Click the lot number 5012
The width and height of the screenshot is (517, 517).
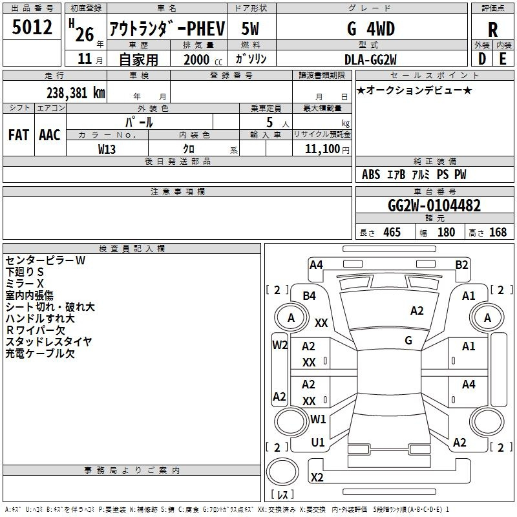pyautogui.click(x=32, y=28)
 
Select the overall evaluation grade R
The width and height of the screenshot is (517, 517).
pyautogui.click(x=492, y=30)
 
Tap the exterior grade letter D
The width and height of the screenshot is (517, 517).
pyautogui.click(x=481, y=58)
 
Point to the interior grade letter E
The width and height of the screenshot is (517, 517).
pyautogui.click(x=503, y=58)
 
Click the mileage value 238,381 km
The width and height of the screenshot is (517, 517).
pyautogui.click(x=76, y=92)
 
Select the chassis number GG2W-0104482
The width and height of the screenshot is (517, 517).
pyautogui.click(x=434, y=206)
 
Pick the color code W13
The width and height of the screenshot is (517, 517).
pyautogui.click(x=107, y=149)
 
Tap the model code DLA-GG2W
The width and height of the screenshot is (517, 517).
pyautogui.click(x=370, y=59)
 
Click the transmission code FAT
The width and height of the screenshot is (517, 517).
pyautogui.click(x=18, y=134)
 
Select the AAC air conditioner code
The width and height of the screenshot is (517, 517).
pyautogui.click(x=50, y=134)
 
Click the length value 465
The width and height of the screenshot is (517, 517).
pyautogui.click(x=392, y=233)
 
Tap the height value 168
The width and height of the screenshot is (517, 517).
pyautogui.click(x=498, y=233)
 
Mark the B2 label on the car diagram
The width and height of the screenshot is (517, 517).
pyautogui.click(x=461, y=264)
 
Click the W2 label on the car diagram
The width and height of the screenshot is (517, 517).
pyautogui.click(x=279, y=344)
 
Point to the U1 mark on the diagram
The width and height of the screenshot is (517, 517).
pyautogui.click(x=317, y=443)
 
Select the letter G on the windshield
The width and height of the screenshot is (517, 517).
pyautogui.click(x=408, y=340)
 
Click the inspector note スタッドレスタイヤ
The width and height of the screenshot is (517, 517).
pyautogui.click(x=49, y=342)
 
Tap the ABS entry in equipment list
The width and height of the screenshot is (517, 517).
pyautogui.click(x=371, y=174)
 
